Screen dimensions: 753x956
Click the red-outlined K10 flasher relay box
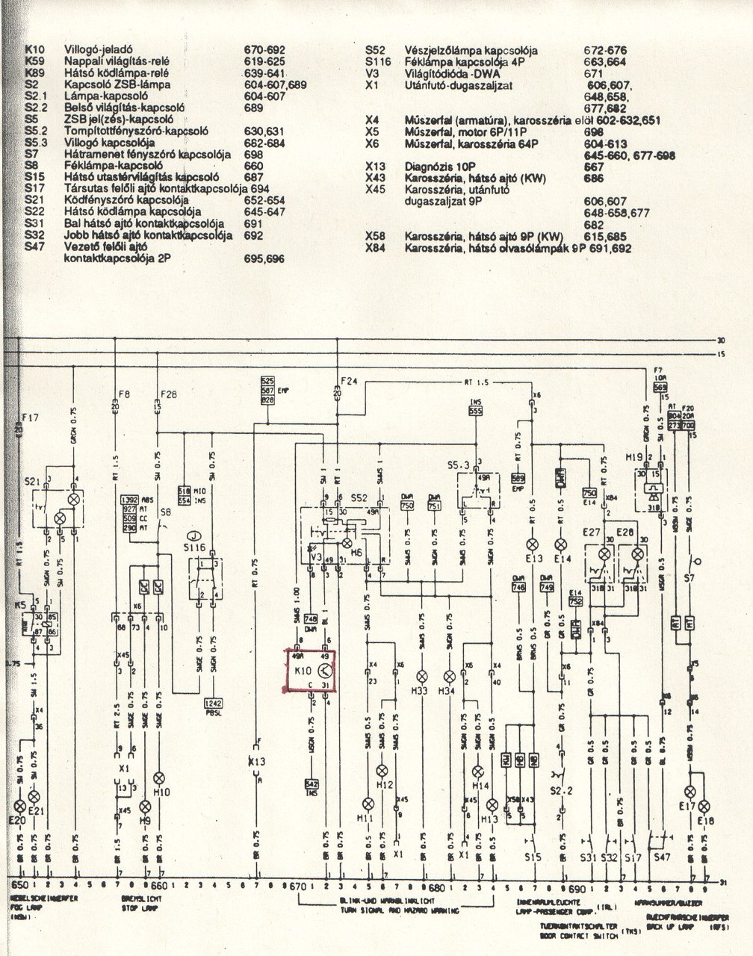[310, 671]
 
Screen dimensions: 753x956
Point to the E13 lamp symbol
[533, 544]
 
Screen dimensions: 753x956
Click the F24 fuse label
[349, 381]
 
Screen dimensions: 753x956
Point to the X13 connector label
[258, 763]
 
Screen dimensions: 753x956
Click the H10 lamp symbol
[158, 777]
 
